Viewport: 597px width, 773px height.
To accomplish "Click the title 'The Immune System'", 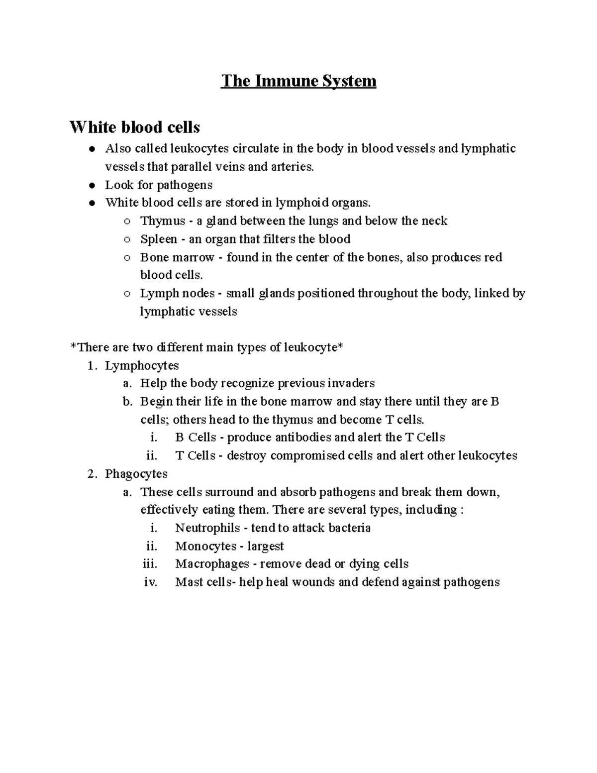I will [x=298, y=81].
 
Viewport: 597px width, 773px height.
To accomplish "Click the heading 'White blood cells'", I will [x=135, y=127].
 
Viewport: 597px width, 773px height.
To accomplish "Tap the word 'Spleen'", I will [x=158, y=239].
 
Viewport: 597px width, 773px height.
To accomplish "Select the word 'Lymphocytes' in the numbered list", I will [x=142, y=365].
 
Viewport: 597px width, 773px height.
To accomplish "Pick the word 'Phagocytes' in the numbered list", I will [x=136, y=474].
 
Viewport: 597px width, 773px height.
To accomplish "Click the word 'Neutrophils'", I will [x=207, y=528].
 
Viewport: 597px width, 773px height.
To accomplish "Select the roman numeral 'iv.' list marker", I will [x=150, y=582].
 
